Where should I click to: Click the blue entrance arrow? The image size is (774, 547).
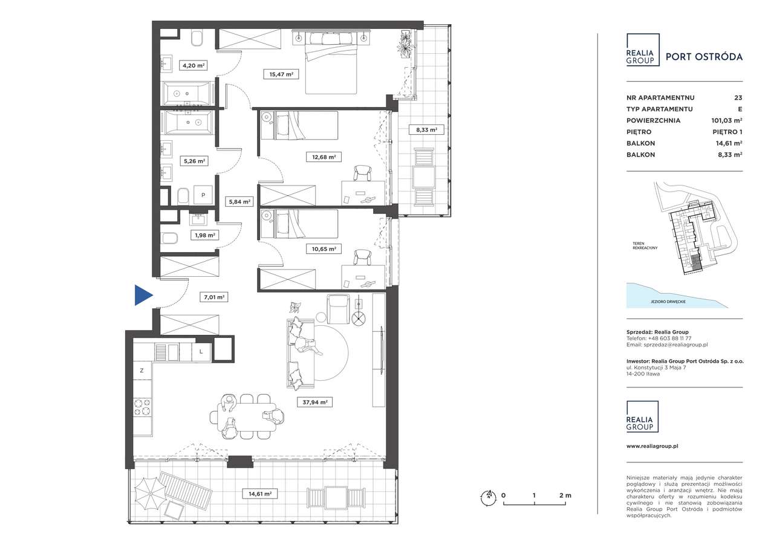(142, 295)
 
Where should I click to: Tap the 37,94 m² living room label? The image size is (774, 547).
(314, 403)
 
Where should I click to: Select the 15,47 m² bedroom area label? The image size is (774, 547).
(281, 74)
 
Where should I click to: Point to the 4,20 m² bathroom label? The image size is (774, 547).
(193, 65)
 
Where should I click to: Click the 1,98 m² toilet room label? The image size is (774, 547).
(204, 235)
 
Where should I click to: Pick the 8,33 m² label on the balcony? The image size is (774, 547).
(426, 130)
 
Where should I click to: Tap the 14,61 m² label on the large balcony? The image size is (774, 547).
(260, 494)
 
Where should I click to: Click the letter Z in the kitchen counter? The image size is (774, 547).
(141, 371)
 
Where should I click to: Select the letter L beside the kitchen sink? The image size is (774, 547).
(201, 352)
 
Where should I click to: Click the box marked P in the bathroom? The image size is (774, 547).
(203, 195)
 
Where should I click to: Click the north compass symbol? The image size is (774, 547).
(487, 497)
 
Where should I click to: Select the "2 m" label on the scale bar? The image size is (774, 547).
(565, 495)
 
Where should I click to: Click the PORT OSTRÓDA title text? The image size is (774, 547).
(704, 57)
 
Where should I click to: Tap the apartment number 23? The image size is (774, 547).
(738, 98)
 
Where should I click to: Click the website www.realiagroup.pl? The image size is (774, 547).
(652, 446)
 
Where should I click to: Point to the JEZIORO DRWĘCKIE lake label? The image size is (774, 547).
(668, 302)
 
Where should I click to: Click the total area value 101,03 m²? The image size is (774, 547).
(727, 120)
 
